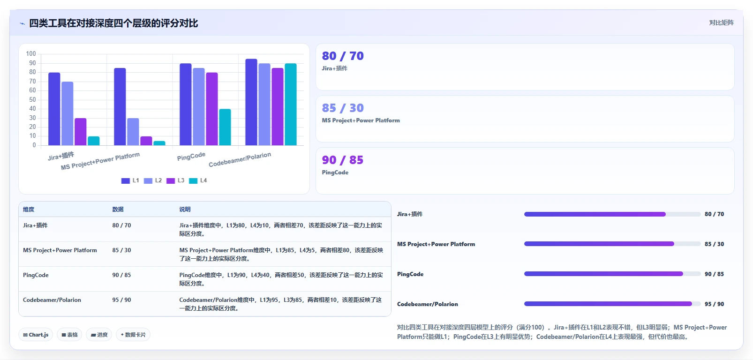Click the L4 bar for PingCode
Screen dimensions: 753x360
click(225, 127)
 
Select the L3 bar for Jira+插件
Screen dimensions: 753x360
click(80, 132)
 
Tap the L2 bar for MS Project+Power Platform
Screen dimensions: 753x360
click(133, 132)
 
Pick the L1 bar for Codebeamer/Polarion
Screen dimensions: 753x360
click(251, 102)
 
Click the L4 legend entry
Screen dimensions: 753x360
click(198, 180)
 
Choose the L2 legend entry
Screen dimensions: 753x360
click(153, 180)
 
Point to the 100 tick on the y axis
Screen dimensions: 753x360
click(31, 54)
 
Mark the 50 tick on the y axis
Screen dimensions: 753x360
click(32, 99)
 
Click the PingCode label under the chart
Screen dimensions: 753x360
click(191, 156)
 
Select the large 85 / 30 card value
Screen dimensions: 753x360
click(343, 108)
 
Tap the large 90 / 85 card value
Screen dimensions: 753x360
click(343, 160)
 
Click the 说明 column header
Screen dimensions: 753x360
click(185, 210)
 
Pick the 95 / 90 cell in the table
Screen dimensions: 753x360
click(122, 300)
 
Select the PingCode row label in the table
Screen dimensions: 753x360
click(36, 275)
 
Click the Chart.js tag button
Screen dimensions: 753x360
click(36, 335)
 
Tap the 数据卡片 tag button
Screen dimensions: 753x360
click(133, 335)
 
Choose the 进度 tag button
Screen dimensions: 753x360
click(99, 335)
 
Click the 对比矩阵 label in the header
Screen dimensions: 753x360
click(722, 22)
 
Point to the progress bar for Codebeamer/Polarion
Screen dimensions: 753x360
click(612, 304)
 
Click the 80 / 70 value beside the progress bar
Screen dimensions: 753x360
click(715, 214)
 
